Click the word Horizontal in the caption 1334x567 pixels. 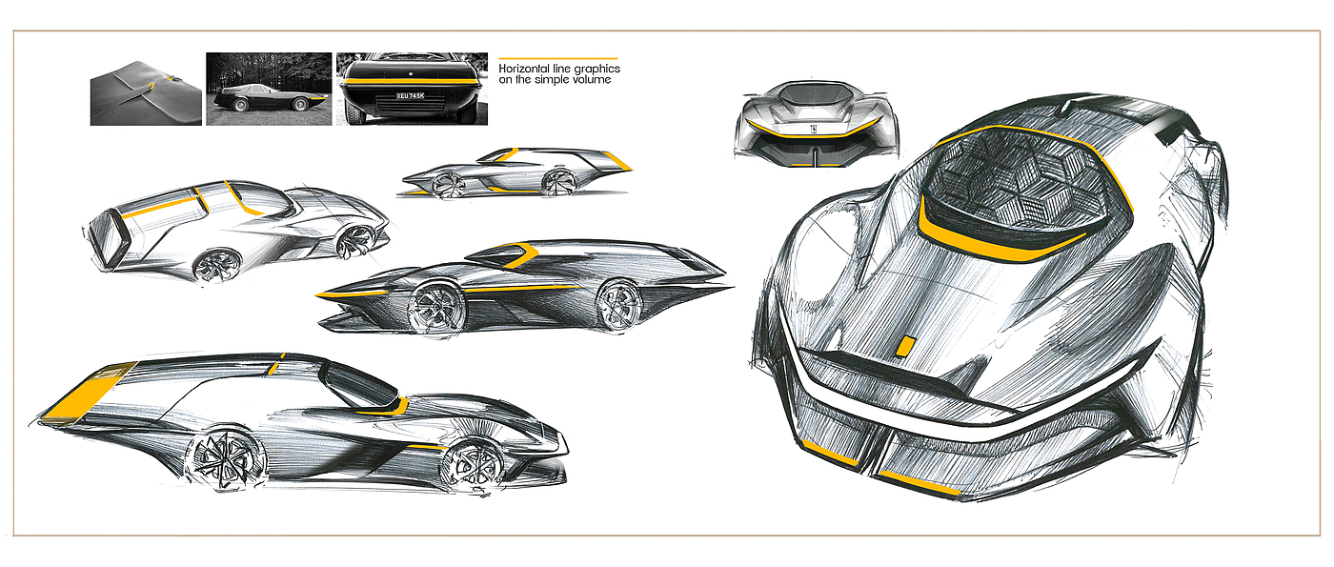pyautogui.click(x=528, y=69)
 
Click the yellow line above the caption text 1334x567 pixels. pyautogui.click(x=558, y=58)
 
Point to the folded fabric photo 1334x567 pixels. pyautogui.click(x=146, y=89)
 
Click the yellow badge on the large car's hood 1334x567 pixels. pyautogui.click(x=908, y=347)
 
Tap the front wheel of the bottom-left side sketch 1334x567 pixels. pyautogui.click(x=474, y=463)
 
